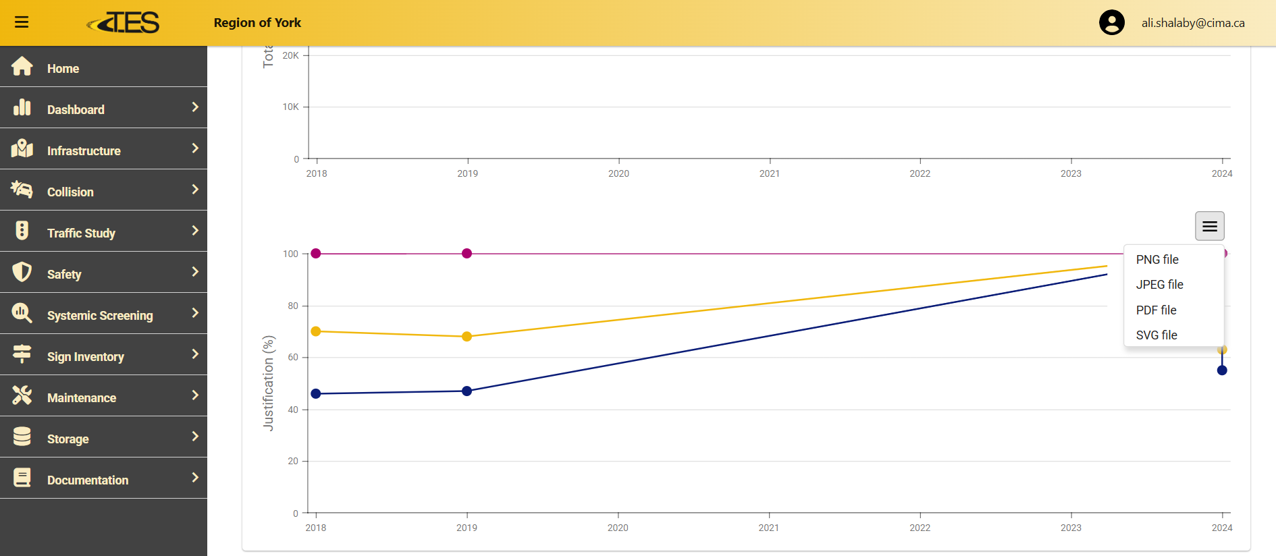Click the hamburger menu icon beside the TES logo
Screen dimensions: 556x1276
[x=22, y=22]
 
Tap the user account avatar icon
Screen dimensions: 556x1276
[x=1111, y=22]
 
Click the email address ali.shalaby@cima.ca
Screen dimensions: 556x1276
[x=1192, y=23]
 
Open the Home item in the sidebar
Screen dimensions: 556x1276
[x=63, y=68]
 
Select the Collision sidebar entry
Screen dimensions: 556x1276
[x=70, y=192]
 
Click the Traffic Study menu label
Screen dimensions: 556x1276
[x=81, y=233]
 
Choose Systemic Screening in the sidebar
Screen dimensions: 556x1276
[x=100, y=315]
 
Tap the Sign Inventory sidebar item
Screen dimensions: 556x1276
[x=86, y=356]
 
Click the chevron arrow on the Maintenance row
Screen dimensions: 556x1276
[x=195, y=395]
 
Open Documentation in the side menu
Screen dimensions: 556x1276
[x=88, y=480]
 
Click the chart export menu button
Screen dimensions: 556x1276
[x=1209, y=226]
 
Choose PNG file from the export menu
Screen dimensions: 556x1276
[x=1157, y=260]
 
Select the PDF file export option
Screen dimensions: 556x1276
[x=1156, y=310]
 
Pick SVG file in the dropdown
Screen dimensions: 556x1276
[x=1157, y=335]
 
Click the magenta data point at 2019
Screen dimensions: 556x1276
[x=467, y=254]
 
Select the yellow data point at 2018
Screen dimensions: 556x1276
[x=316, y=331]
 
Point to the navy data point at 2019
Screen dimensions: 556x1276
[x=467, y=391]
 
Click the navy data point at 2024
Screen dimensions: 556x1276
[x=1222, y=370]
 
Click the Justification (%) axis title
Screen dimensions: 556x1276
[x=269, y=383]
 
